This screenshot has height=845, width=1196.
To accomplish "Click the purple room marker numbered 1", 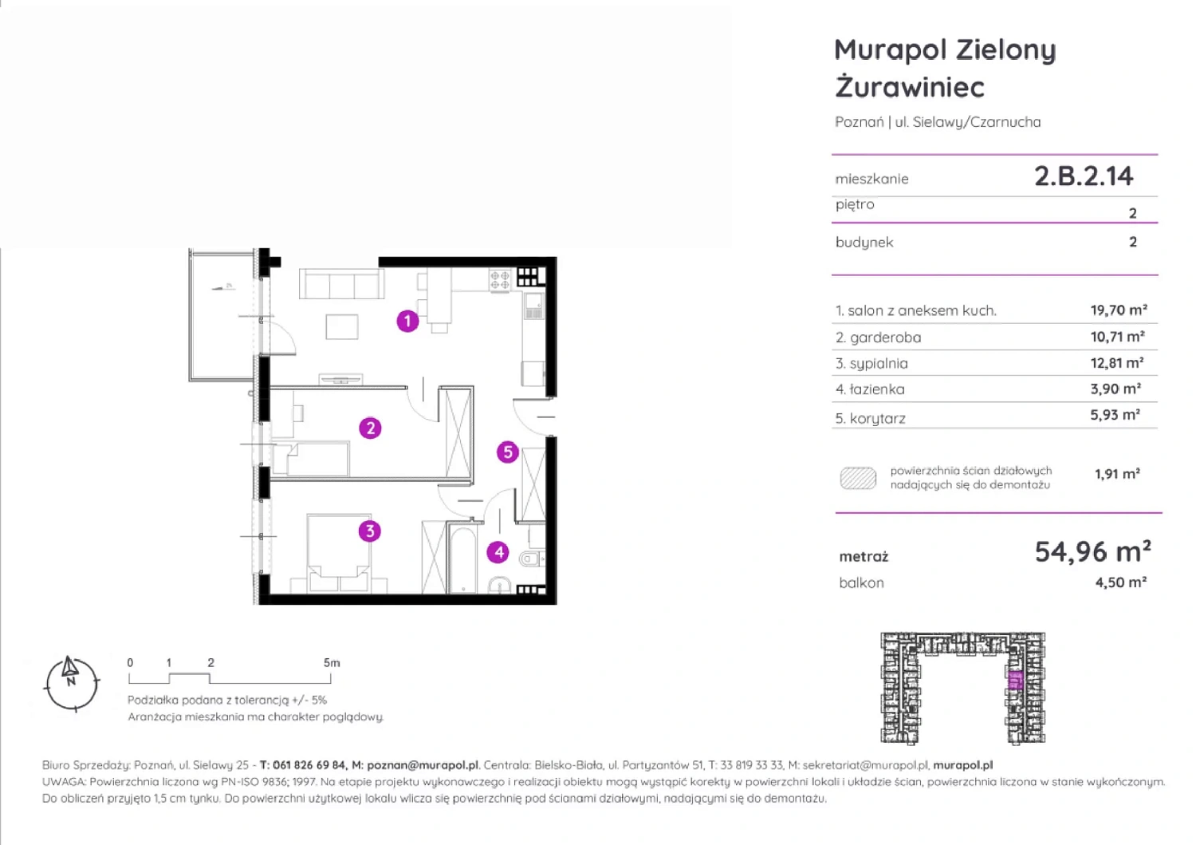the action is [407, 322].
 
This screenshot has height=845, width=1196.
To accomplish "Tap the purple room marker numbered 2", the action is [370, 428].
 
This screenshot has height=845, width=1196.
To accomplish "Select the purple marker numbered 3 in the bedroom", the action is [369, 531].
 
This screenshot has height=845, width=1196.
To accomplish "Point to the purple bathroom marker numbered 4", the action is [498, 552].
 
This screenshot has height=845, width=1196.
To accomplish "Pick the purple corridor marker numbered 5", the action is [508, 452].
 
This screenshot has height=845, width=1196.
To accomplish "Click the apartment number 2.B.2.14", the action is [1084, 176].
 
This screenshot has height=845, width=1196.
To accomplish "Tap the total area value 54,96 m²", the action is [1092, 551].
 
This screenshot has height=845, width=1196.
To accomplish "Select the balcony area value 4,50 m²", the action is [1121, 582].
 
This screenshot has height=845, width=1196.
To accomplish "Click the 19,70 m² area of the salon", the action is [1119, 310].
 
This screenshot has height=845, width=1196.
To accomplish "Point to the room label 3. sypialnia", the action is [871, 364].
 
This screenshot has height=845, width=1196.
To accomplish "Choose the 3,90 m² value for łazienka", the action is [1115, 389].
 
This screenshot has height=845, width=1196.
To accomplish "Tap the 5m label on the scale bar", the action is [332, 663].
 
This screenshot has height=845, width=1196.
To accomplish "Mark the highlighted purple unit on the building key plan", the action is [1016, 681].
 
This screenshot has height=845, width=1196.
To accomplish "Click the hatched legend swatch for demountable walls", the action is [858, 478].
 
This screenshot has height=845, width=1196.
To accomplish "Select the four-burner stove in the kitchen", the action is [500, 280].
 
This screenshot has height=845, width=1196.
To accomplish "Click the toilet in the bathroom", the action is [531, 559].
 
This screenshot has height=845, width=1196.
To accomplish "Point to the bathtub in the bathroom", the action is [462, 559].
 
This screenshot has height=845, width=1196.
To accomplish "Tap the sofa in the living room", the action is [342, 283].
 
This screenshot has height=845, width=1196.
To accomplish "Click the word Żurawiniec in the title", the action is [910, 87].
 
